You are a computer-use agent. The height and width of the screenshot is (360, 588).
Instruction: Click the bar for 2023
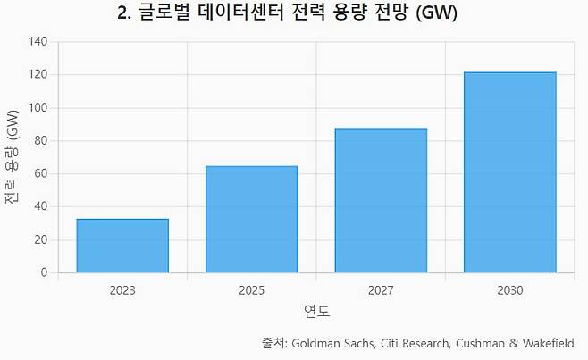[122, 246]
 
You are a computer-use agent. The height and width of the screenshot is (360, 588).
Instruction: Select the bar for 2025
[251, 219]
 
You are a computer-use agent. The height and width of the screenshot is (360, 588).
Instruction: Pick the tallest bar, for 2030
[509, 172]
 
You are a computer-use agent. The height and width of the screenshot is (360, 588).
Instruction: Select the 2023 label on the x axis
[122, 290]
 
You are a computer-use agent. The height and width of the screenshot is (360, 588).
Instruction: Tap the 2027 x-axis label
[381, 290]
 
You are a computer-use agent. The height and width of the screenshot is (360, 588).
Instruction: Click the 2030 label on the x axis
[509, 290]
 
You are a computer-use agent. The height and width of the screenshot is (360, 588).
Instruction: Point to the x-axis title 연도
[316, 312]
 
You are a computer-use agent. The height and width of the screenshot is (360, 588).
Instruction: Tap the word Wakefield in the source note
[549, 343]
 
